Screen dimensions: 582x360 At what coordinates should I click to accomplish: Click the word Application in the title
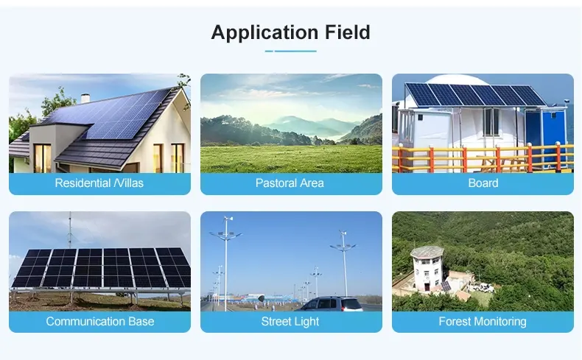(264, 32)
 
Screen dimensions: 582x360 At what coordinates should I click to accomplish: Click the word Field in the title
(348, 32)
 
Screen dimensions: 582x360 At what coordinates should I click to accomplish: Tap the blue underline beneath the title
(290, 51)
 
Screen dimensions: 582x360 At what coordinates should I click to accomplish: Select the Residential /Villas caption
(99, 183)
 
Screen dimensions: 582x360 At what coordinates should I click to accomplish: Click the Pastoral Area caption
(290, 183)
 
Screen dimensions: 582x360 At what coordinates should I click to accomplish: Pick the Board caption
(483, 183)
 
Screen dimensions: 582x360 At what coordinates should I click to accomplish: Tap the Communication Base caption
(100, 321)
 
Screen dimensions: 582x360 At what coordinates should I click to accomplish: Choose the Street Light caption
(290, 321)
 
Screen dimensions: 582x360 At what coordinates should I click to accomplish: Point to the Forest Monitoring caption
(483, 321)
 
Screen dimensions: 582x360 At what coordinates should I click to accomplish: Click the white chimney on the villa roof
(85, 98)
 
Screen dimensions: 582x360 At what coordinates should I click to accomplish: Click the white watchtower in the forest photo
(427, 268)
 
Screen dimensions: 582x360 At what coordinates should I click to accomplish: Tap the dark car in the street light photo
(332, 304)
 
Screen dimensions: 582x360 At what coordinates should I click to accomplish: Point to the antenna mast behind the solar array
(69, 230)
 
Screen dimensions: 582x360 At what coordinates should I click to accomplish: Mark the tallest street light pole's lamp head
(225, 234)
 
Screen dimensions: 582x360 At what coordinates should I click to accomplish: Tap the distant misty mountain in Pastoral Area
(297, 124)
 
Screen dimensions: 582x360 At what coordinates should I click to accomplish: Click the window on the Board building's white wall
(491, 121)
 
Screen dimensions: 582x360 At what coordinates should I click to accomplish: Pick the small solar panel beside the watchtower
(446, 286)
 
